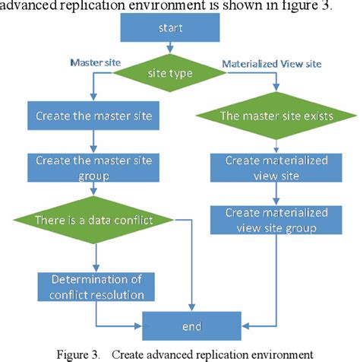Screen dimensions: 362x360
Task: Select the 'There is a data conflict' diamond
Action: click(93, 221)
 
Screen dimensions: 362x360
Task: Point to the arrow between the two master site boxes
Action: click(93, 141)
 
